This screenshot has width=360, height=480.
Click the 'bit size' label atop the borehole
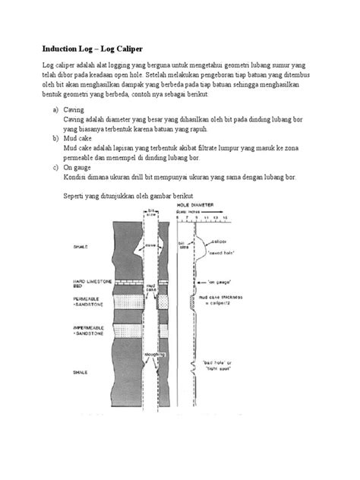[x=152, y=213]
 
